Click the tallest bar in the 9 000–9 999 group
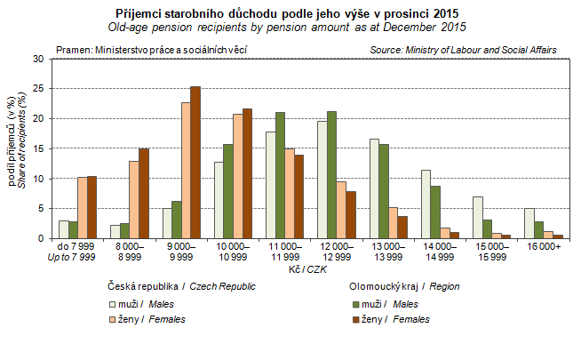coord(195,162)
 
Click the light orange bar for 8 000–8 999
coord(133,199)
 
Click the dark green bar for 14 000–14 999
coord(434,212)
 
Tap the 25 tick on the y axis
coord(37,88)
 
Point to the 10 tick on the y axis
coord(37,179)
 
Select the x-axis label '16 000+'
coord(545,246)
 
